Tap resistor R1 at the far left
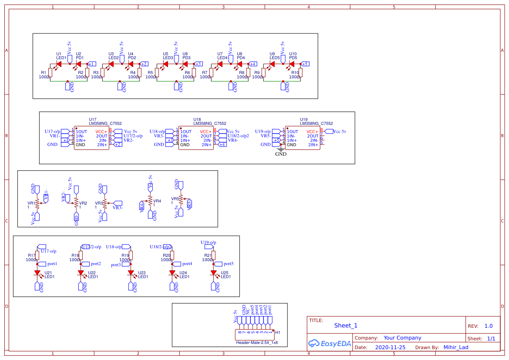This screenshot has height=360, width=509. tap(51, 73)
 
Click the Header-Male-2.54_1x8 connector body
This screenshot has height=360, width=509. tap(255, 335)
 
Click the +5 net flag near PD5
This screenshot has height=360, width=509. tap(304, 64)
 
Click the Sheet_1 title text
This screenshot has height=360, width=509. tap(346, 326)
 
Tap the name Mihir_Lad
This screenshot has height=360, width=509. tap(456, 347)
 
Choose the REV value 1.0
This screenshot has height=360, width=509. tap(488, 326)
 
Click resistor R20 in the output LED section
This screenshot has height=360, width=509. tap(172, 256)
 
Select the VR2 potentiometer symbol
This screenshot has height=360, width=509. tap(77, 202)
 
